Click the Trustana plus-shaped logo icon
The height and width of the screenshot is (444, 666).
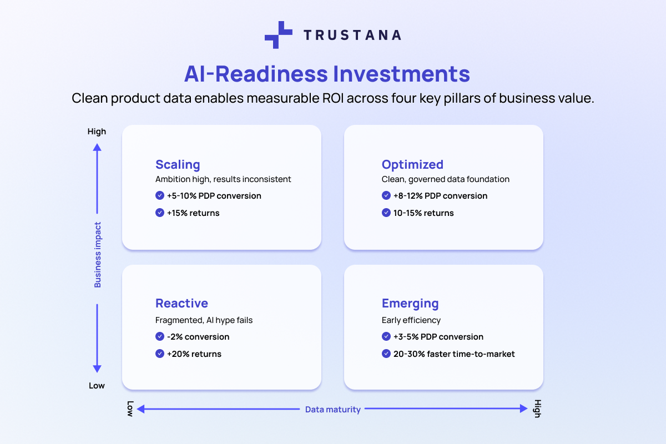[278, 35]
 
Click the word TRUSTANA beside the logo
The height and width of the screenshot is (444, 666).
[352, 35]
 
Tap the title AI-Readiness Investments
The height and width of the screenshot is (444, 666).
[327, 74]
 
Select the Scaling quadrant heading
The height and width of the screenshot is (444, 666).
[178, 164]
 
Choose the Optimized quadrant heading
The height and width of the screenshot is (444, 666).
[412, 164]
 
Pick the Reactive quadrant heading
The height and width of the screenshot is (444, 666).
[181, 303]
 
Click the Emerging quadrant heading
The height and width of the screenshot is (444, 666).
[410, 303]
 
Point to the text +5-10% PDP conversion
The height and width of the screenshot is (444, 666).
[214, 196]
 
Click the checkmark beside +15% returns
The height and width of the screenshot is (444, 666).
[160, 213]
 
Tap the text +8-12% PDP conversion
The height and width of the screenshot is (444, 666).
[440, 196]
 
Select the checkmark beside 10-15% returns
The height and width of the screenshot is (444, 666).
[386, 213]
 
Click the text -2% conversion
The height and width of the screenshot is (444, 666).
[198, 337]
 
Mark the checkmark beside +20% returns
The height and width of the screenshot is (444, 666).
[160, 354]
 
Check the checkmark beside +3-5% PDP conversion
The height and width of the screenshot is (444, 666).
[386, 336]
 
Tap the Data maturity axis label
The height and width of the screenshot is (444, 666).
[333, 410]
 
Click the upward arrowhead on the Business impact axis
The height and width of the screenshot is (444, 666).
[97, 147]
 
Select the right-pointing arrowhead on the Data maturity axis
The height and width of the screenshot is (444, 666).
[523, 409]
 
